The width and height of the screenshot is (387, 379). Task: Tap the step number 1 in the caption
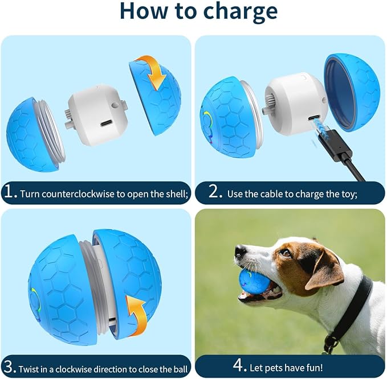tap(11, 193)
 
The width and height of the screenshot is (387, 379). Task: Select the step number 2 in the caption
tap(215, 193)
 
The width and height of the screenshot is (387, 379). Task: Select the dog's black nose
tap(241, 252)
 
